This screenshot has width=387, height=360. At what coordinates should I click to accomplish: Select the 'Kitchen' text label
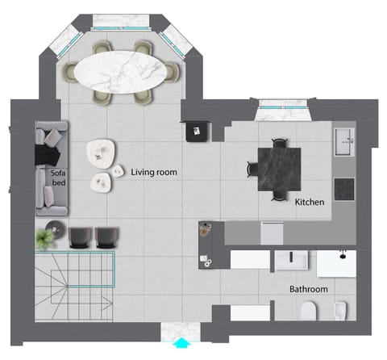tap(309, 202)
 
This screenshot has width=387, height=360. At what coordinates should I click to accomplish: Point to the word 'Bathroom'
tap(308, 288)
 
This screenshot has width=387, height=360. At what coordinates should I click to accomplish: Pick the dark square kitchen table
tap(279, 168)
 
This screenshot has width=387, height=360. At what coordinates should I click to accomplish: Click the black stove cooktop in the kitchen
tap(344, 189)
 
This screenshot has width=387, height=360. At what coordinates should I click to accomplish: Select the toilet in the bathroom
tap(310, 312)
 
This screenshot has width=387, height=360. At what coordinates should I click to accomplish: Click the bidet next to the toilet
tap(341, 311)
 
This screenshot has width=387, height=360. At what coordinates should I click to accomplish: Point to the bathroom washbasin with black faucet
tap(291, 262)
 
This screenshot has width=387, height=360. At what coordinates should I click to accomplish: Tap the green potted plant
tap(44, 237)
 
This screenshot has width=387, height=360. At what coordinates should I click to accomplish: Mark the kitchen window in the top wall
tap(281, 104)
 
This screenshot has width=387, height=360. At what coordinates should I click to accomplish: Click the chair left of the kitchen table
tap(252, 168)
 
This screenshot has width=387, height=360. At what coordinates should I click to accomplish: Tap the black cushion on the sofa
tap(50, 154)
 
